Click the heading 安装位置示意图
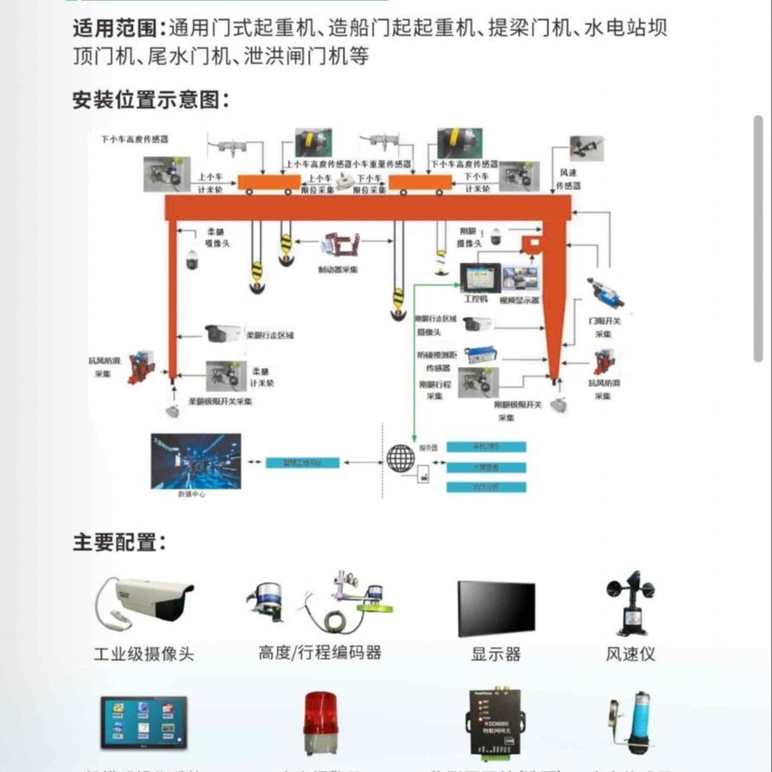151,99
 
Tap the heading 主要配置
119,542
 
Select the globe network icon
400,458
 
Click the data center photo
196,460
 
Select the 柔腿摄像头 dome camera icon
191,258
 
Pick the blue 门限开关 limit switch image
606,293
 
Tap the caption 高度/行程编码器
320,652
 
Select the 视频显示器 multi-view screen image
520,278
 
